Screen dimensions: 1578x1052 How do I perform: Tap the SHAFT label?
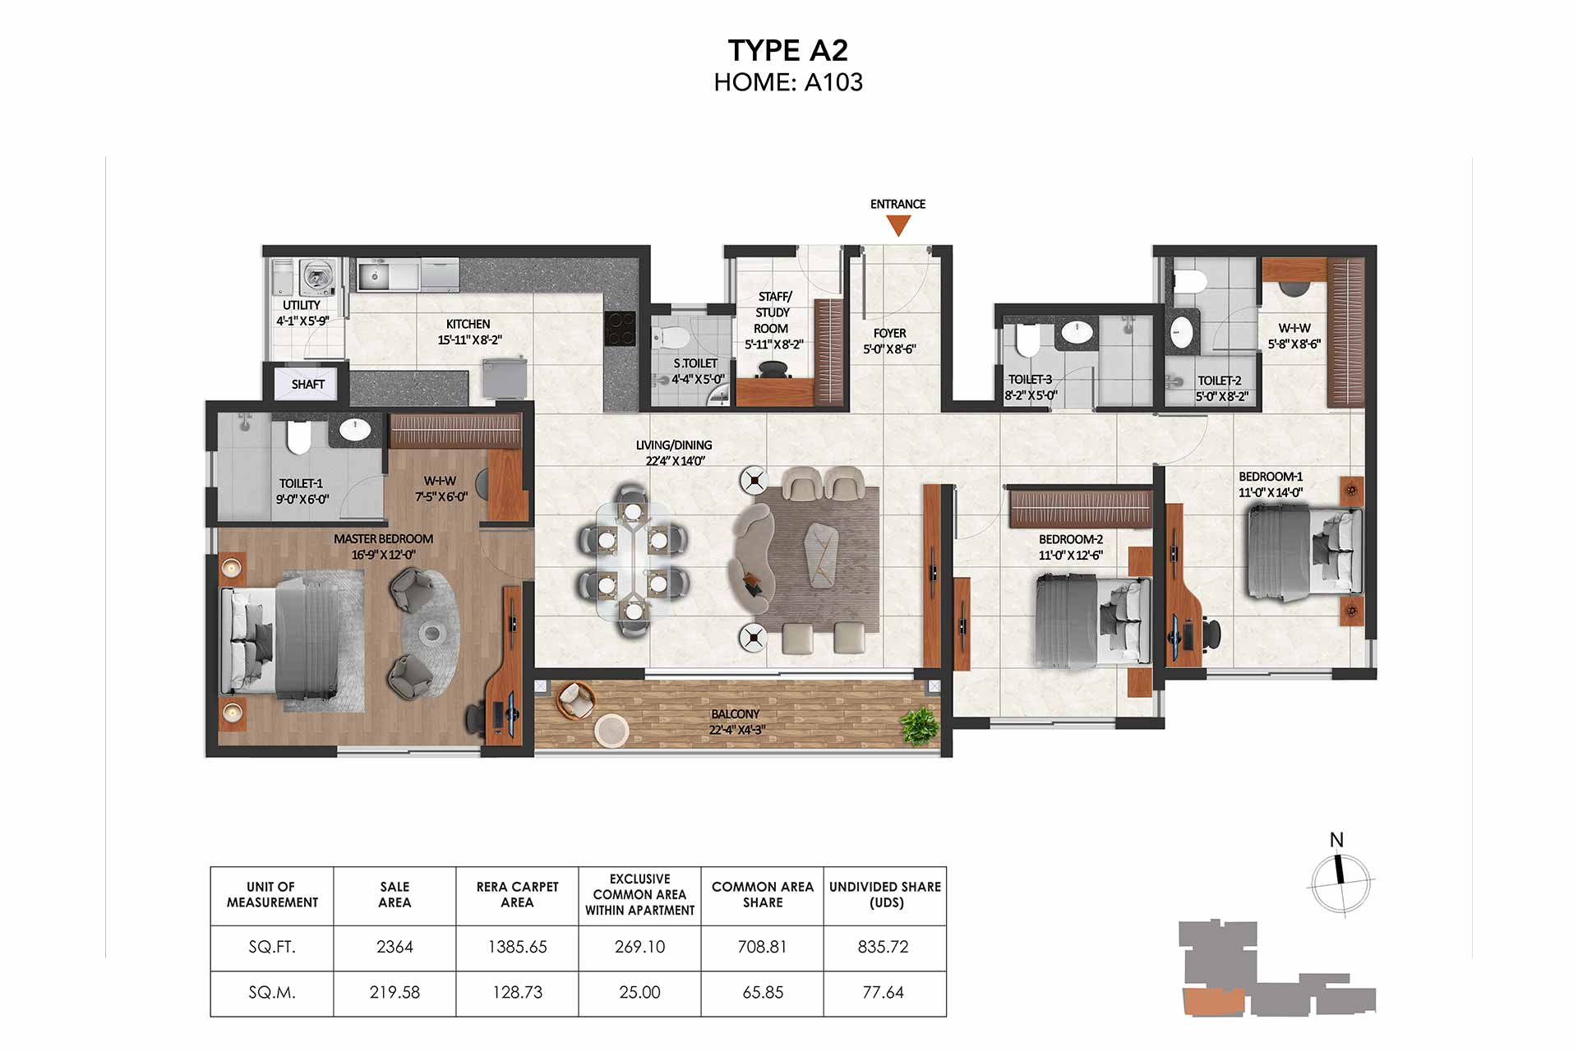click(308, 384)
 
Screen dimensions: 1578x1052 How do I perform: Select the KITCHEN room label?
click(468, 324)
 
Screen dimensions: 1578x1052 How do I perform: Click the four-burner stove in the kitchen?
click(621, 328)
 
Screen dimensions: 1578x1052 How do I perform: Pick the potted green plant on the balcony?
click(920, 725)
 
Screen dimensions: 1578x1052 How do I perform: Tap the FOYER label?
click(889, 333)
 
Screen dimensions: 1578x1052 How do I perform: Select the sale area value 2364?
click(394, 947)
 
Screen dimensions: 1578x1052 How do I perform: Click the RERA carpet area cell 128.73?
click(518, 993)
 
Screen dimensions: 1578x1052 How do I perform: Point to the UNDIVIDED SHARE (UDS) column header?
click(885, 894)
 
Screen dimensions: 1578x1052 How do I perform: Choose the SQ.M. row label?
click(272, 993)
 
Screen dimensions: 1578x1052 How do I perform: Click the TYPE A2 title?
click(787, 50)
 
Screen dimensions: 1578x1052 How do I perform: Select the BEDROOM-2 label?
click(1070, 539)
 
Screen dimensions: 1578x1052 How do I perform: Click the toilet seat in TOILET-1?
click(298, 437)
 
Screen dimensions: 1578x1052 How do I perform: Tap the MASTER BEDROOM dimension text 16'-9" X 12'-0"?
click(384, 555)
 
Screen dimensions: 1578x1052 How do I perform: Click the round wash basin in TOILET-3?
click(1077, 331)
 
